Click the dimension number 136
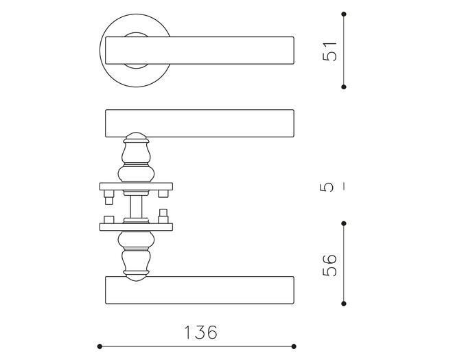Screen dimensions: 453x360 pyautogui.click(x=200, y=333)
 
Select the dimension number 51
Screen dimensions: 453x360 pyautogui.click(x=329, y=51)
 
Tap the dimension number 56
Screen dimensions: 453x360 pyautogui.click(x=329, y=265)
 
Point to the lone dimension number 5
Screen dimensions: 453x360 pyautogui.click(x=327, y=188)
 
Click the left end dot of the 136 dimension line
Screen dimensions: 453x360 pyautogui.click(x=100, y=346)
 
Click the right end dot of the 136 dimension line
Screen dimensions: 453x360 pyautogui.click(x=294, y=346)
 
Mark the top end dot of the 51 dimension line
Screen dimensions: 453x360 pyautogui.click(x=344, y=14)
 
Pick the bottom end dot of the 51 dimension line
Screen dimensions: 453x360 pyautogui.click(x=344, y=87)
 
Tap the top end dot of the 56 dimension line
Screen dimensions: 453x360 pyautogui.click(x=344, y=223)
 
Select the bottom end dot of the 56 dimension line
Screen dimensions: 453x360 pyautogui.click(x=344, y=304)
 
